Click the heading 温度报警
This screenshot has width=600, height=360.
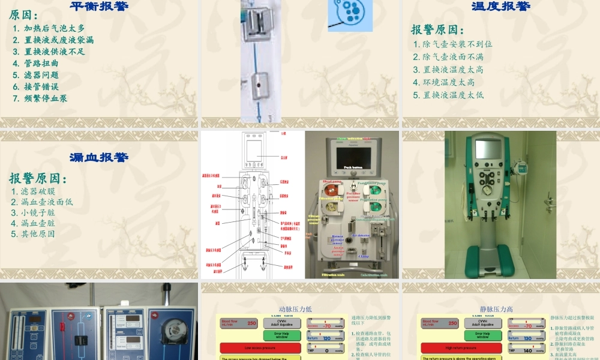click(501, 7)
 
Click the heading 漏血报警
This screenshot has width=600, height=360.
click(99, 157)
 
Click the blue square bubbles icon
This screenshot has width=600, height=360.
click(350, 14)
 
